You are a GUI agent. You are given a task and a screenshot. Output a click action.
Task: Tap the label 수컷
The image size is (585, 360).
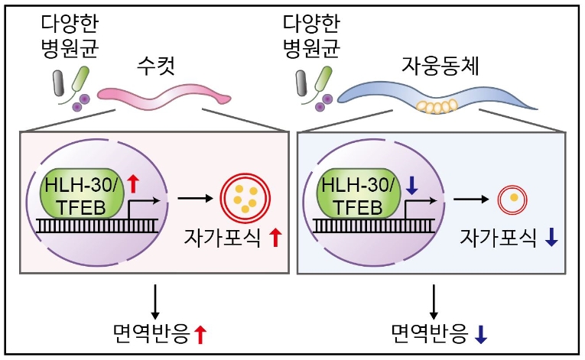[158, 66]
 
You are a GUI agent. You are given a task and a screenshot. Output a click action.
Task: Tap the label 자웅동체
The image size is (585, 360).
[440, 66]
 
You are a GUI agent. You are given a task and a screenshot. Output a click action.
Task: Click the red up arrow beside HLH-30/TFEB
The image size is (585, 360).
[132, 183]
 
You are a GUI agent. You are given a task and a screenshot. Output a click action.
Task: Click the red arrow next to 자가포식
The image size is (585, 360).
[275, 238]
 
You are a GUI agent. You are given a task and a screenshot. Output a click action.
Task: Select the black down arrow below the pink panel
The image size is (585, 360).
[156, 299]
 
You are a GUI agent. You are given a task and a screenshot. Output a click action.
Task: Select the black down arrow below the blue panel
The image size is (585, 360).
[434, 299]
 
